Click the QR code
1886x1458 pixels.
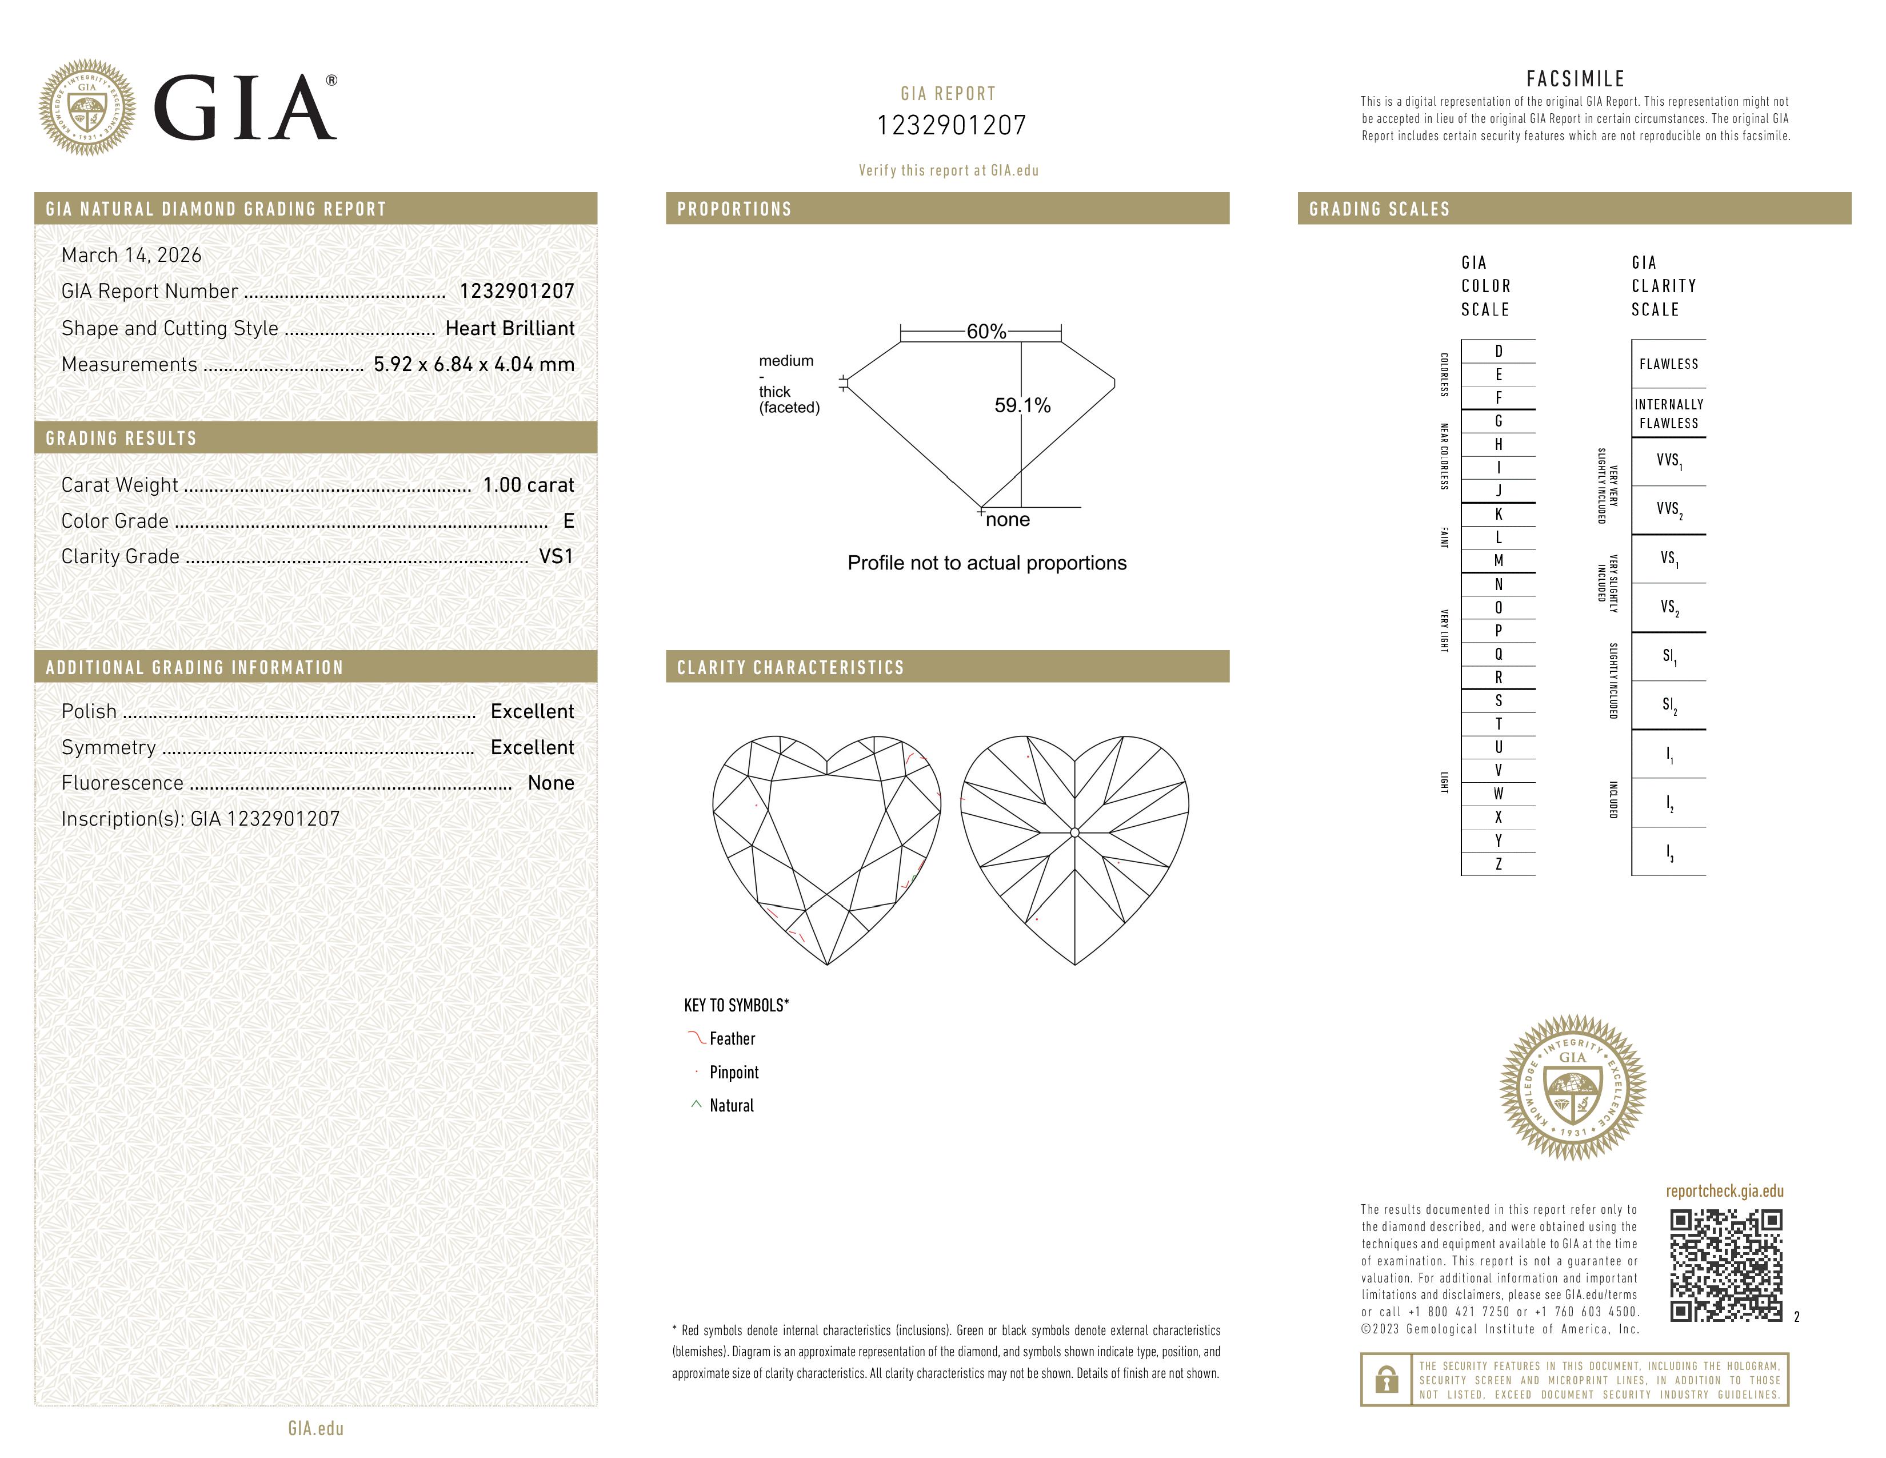point(1725,1265)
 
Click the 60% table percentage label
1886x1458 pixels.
point(986,332)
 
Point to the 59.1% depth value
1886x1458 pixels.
point(1022,405)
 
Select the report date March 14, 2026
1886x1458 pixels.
point(131,255)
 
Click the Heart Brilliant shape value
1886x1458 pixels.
point(509,328)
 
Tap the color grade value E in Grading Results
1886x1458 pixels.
point(568,521)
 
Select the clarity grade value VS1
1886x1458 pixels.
point(556,556)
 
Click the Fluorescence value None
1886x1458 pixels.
point(551,783)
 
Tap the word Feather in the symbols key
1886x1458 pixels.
point(732,1038)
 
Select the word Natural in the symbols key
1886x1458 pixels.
point(732,1106)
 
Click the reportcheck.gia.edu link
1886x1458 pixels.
point(1724,1191)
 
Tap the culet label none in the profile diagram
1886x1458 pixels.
point(1008,519)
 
